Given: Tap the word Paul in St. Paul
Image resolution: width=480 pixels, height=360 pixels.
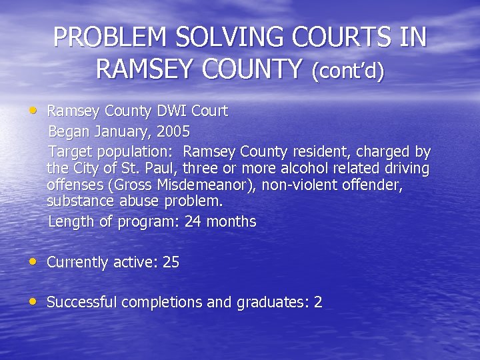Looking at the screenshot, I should [161, 169].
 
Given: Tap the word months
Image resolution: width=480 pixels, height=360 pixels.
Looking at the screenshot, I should [231, 221].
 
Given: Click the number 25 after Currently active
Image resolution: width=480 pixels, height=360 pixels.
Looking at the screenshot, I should [171, 262].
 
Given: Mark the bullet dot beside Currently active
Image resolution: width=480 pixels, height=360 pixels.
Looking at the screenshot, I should [33, 261].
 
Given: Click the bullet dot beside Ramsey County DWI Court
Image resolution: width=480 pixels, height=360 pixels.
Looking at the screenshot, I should [33, 109].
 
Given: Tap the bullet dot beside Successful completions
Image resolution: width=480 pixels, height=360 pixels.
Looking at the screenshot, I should [33, 301].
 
